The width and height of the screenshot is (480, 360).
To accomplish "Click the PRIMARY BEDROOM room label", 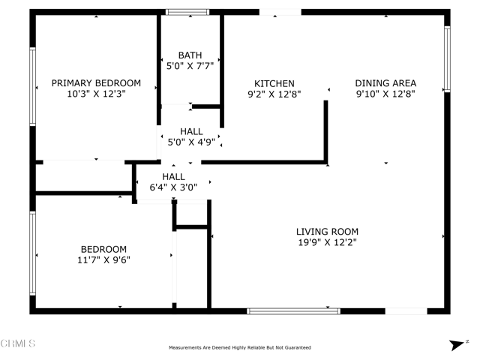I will point(96,83).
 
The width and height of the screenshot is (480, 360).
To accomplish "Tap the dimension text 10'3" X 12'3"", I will point(96,94).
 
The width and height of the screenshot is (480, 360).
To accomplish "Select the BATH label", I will point(190,55).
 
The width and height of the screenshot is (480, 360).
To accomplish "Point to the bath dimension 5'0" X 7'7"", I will point(190,66).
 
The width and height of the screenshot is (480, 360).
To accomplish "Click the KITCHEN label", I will point(274,83).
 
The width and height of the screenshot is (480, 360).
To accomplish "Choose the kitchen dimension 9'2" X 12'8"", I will point(274,94).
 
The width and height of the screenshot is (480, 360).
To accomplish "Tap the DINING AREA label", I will point(385,83).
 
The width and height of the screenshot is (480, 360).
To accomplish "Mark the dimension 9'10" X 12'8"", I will point(385,94).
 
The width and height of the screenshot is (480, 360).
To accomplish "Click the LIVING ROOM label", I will point(327,232).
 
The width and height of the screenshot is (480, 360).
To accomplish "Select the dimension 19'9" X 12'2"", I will point(327,242).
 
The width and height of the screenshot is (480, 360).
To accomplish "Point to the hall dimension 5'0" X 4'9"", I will point(191,142).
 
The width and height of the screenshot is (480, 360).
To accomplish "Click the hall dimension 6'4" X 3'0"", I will point(175,187).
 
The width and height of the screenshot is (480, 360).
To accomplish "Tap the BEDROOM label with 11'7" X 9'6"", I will point(103,249).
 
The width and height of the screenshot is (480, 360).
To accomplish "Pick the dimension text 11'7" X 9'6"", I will point(103,260).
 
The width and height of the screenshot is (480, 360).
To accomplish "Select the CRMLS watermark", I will point(18,344).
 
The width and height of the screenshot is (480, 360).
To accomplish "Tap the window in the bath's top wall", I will point(187,12).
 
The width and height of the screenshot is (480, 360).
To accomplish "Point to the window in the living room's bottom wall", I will point(293,310).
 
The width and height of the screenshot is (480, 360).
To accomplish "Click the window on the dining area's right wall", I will point(447,60).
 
